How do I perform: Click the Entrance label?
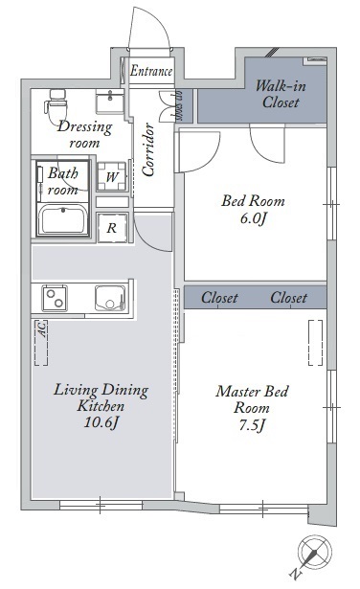151,71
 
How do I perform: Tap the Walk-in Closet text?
281,94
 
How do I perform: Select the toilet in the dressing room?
56,106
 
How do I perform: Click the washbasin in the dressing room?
109,102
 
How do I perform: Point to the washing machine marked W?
111,176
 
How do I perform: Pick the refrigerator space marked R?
112,227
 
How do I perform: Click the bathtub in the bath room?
63,219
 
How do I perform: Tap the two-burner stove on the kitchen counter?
55,298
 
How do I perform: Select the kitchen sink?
110,298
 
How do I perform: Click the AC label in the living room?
43,329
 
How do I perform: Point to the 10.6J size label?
101,422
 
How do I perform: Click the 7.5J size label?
252,425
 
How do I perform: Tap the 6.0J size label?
253,218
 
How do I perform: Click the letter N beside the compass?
296,574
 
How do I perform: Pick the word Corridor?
148,149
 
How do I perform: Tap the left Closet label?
219,298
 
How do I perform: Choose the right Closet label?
289,298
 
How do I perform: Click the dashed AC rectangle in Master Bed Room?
315,343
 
